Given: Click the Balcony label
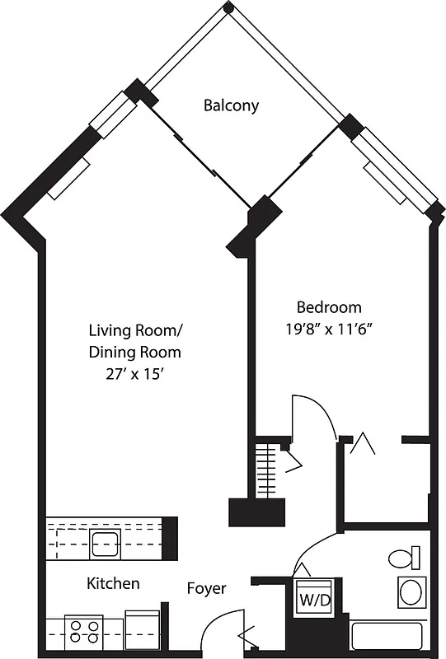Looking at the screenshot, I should point(232,105).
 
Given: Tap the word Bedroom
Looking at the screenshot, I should point(329,307).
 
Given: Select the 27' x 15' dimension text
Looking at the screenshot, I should point(135,373).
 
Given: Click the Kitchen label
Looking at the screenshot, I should point(113,583).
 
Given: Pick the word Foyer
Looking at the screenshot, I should point(206,588).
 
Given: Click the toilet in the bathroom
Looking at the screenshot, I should point(404,559).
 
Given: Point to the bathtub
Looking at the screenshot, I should point(387,636).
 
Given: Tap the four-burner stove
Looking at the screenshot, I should point(84,632).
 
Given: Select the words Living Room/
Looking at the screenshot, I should point(136,331).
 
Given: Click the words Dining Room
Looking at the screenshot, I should point(135,352).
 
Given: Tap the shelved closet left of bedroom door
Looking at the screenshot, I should point(266,470).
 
